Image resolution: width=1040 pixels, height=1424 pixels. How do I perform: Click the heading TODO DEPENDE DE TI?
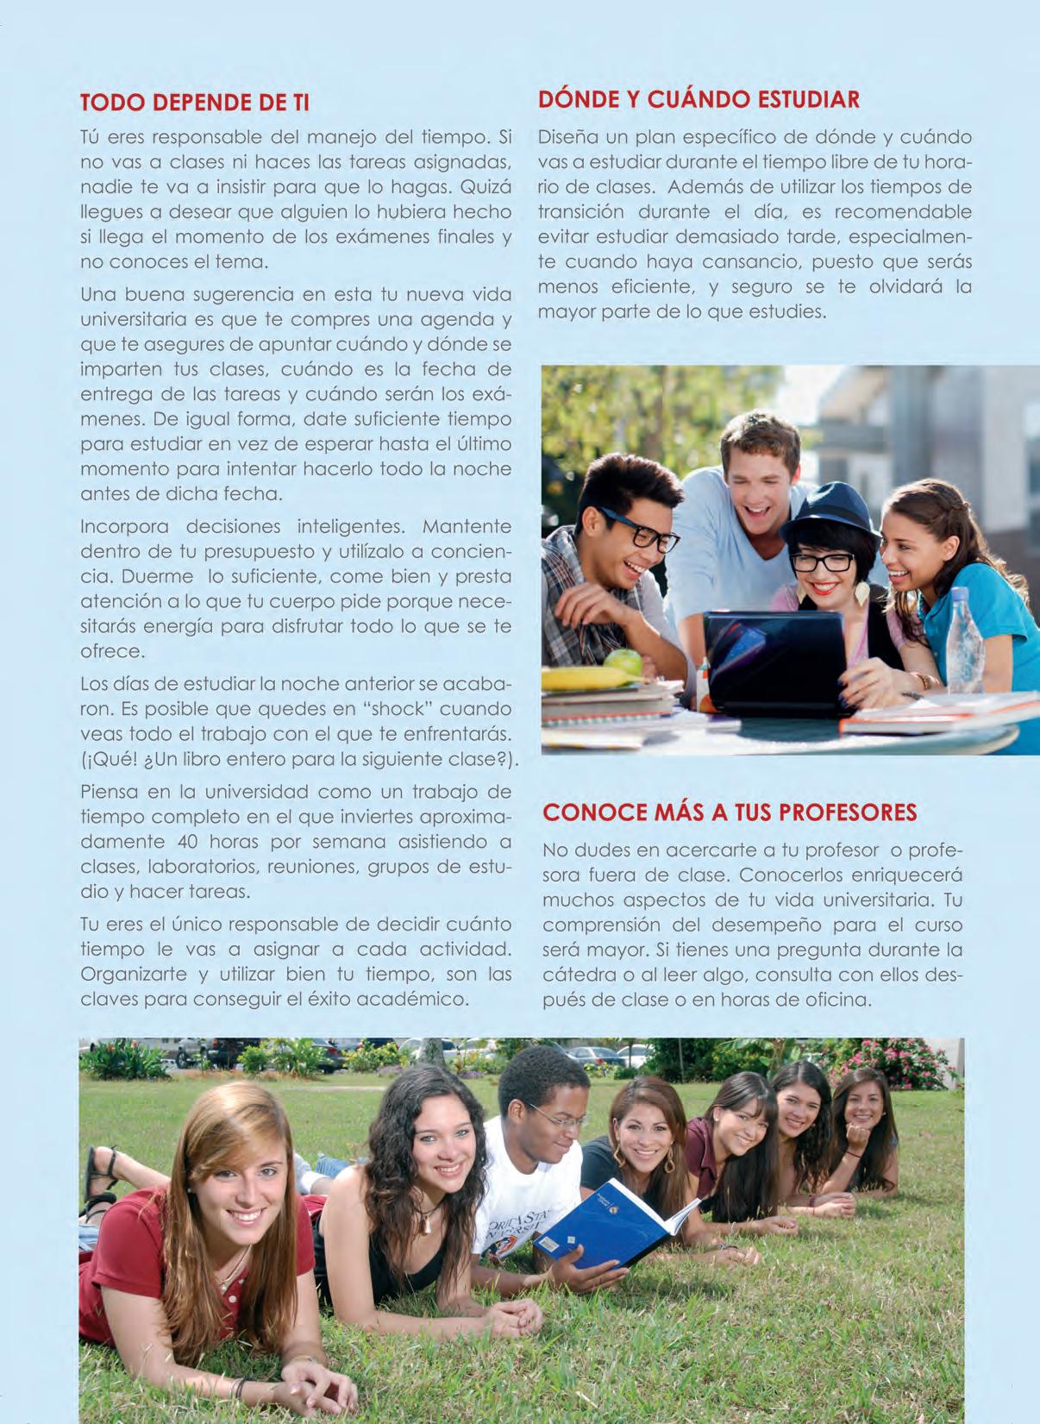[194, 103]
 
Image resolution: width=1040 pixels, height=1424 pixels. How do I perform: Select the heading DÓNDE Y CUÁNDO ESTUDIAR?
[699, 99]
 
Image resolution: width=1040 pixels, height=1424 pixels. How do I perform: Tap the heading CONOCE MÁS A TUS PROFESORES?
[730, 812]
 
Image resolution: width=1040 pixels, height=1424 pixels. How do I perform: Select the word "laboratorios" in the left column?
[204, 867]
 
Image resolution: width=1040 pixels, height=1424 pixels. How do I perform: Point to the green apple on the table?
[623, 662]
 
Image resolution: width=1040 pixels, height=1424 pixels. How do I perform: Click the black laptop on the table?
[776, 660]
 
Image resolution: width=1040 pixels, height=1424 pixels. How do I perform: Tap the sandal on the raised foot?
[98, 1173]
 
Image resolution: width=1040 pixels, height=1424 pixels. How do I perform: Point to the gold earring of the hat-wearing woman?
[861, 593]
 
